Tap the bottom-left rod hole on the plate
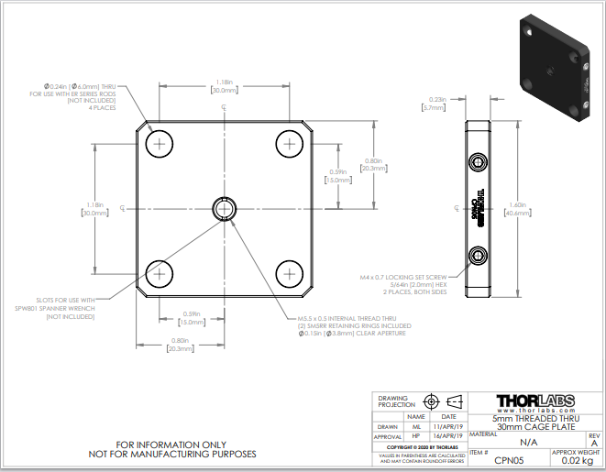pos(160,273)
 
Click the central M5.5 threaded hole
pos(225,209)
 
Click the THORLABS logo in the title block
pos(534,401)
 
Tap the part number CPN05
pos(509,460)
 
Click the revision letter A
pos(592,443)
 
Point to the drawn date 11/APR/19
pos(448,426)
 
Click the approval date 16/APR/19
pos(448,436)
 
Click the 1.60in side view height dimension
pos(520,209)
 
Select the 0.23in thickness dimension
pos(436,104)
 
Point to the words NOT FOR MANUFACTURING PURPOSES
pos(172,454)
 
